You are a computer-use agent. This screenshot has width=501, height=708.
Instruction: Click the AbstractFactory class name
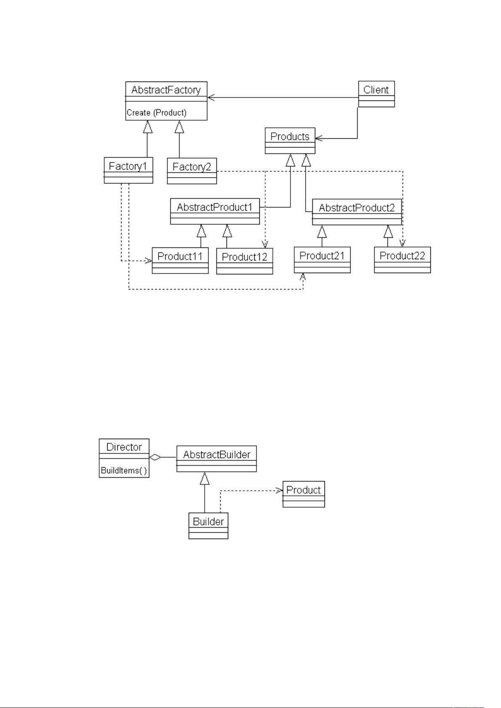[x=166, y=90]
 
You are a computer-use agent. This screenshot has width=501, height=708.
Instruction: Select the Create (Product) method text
[x=156, y=113]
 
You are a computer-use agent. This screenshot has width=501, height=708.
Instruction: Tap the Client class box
[x=376, y=94]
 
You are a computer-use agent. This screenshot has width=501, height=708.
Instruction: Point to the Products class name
[x=290, y=137]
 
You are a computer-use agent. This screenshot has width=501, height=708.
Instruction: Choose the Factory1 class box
[x=128, y=170]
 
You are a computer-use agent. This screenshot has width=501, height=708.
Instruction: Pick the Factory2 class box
[x=192, y=171]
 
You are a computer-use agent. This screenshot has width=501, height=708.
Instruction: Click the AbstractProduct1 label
[x=215, y=207]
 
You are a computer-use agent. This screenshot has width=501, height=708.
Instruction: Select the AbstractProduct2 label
[x=357, y=208]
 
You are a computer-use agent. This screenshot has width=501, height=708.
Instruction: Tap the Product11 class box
[x=180, y=261]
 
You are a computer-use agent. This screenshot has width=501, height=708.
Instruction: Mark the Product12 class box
[x=245, y=261]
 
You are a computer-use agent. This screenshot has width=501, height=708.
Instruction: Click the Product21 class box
[x=322, y=260]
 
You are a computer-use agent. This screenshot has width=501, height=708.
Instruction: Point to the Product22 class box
[x=402, y=260]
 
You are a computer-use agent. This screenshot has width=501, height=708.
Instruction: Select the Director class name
[x=124, y=447]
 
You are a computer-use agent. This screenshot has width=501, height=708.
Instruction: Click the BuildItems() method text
[x=124, y=470]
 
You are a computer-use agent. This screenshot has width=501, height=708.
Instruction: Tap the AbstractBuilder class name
[x=216, y=455]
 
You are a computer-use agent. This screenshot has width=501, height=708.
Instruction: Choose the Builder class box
[x=208, y=526]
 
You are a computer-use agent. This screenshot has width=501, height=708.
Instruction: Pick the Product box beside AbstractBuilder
[x=303, y=494]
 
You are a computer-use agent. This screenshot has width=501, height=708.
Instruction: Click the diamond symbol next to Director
[x=155, y=457]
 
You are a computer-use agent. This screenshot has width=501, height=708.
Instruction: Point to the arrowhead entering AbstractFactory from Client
[x=211, y=97]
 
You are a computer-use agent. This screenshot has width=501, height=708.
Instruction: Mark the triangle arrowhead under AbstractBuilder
[x=205, y=478]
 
